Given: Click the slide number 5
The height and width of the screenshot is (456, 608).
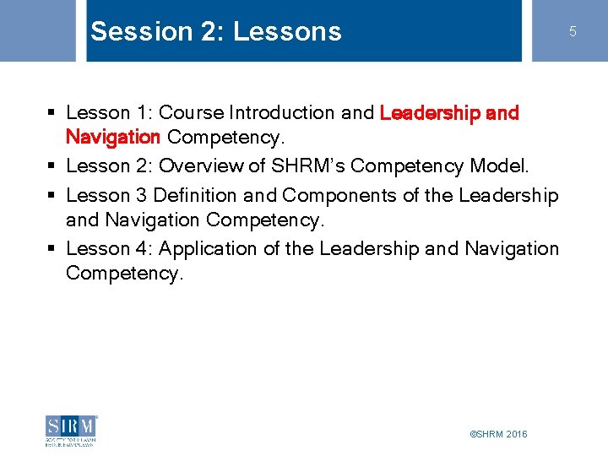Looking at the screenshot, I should (572, 32).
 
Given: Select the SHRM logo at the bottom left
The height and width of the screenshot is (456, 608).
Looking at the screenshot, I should (72, 430).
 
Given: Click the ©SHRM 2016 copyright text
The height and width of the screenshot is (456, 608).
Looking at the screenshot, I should (498, 434).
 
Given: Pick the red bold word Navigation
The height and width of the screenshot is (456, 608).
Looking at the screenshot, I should (113, 137).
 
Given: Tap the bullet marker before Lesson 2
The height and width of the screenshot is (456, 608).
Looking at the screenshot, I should (52, 166).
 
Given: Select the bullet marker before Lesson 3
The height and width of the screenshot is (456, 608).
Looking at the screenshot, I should (52, 196).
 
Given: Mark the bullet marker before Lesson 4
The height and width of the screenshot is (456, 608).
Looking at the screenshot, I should (52, 249).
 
